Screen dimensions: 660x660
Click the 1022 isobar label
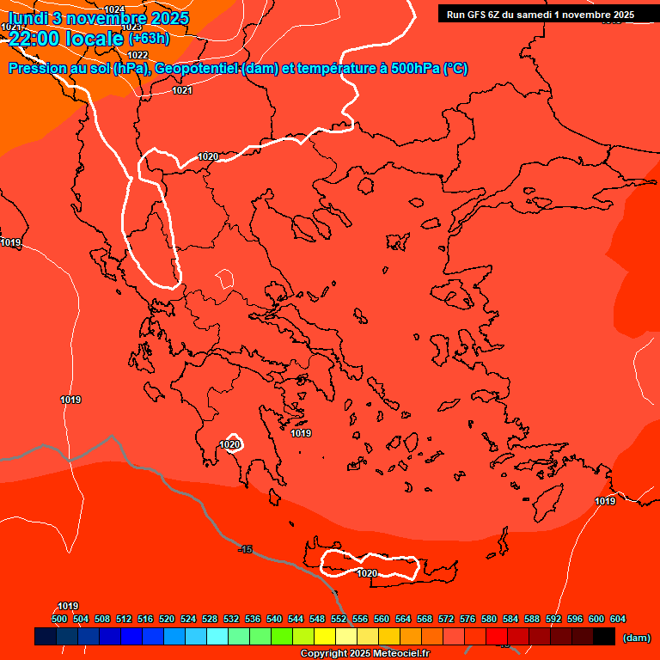click(137, 55)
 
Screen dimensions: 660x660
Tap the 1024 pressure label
click(114, 9)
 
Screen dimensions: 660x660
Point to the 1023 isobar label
click(131, 27)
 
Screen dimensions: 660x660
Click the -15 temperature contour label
click(246, 549)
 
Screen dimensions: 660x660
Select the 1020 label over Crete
click(367, 573)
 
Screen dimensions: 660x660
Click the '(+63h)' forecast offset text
click(149, 39)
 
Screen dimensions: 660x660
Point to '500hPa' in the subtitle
click(416, 69)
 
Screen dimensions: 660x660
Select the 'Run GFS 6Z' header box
click(540, 15)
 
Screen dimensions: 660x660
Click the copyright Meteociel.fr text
click(364, 654)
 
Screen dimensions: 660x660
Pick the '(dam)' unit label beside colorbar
click(636, 638)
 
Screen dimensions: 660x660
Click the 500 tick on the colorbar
click(59, 619)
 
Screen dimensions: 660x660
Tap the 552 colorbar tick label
click(339, 619)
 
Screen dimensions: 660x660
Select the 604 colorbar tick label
click(618, 619)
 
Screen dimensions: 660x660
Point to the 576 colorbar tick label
click(467, 619)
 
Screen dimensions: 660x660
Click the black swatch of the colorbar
click(604, 637)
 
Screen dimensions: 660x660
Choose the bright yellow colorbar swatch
click(324, 637)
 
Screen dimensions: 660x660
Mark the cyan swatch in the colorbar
click(217, 637)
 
